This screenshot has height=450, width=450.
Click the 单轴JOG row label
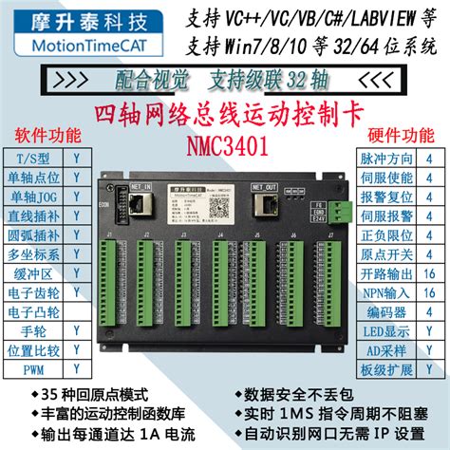pyautogui.click(x=38, y=196)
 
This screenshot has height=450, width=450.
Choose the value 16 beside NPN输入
pyautogui.click(x=428, y=291)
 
